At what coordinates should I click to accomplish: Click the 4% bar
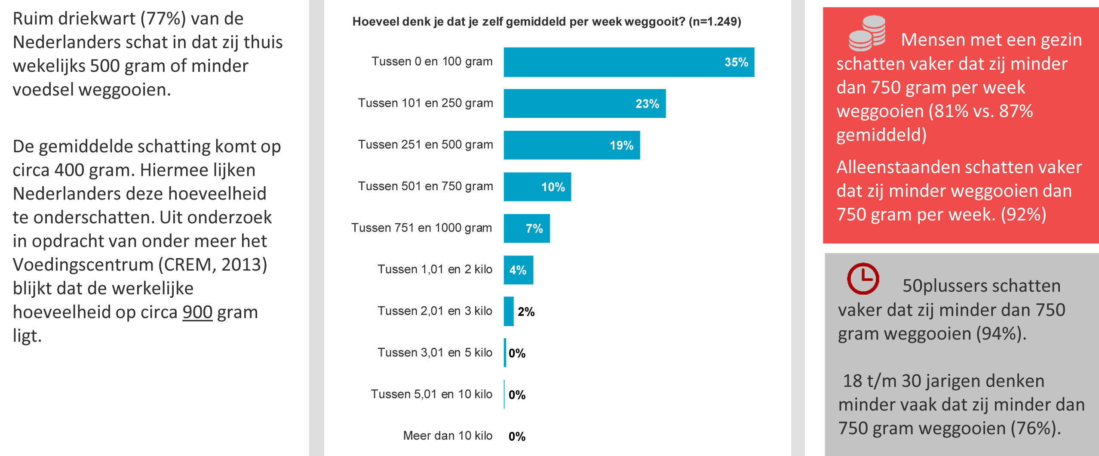(x=518, y=270)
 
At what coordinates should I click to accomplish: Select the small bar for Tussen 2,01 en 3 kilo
(x=509, y=311)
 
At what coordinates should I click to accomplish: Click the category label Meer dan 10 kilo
(x=448, y=436)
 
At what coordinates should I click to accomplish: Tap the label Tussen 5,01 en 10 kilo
(x=431, y=394)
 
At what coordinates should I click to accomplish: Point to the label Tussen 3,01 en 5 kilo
(x=435, y=352)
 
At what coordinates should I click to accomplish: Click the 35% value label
(x=736, y=62)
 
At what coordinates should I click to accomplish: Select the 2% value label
(x=526, y=312)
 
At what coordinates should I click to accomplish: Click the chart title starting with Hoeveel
(x=546, y=22)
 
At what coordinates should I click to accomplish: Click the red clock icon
(x=863, y=279)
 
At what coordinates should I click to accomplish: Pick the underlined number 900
(x=197, y=312)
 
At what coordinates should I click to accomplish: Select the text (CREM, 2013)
(x=213, y=265)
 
